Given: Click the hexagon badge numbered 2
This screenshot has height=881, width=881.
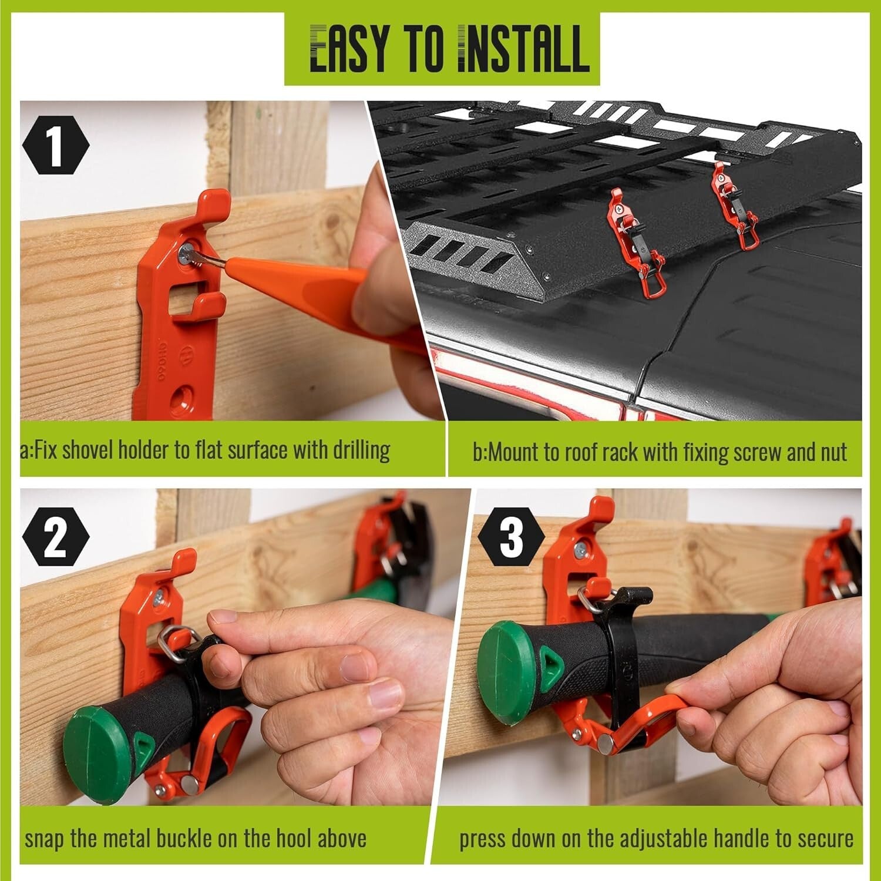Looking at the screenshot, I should coord(56,539).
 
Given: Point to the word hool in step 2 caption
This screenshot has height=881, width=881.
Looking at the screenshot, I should coord(285,839).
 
